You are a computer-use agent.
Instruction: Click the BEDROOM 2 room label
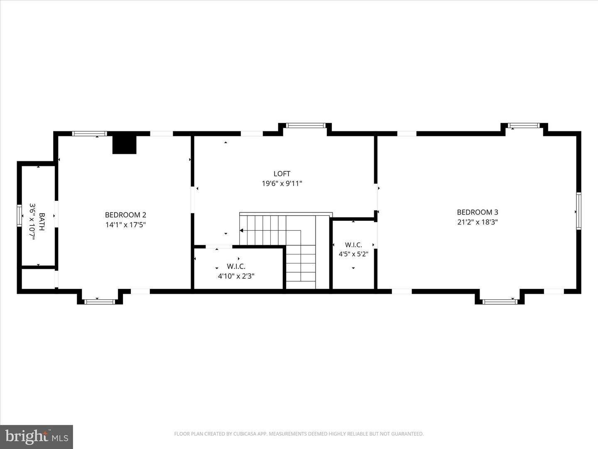(x=125, y=215)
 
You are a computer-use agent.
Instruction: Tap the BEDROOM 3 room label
(x=477, y=212)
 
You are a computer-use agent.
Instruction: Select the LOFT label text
(x=282, y=174)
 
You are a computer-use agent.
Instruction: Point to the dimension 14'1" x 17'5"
(x=125, y=225)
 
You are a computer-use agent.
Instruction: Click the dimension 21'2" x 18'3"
(x=477, y=222)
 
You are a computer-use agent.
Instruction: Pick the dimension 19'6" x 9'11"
(x=282, y=183)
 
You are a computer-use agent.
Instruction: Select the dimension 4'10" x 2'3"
(x=236, y=276)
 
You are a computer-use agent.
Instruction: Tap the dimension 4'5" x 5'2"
(x=353, y=254)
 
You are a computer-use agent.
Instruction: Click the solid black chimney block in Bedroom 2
(x=125, y=145)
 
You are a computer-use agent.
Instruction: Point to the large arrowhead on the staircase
(x=241, y=230)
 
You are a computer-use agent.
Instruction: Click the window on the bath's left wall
(x=19, y=216)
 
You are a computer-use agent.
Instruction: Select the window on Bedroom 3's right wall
(x=578, y=211)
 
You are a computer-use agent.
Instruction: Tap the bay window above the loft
(x=305, y=125)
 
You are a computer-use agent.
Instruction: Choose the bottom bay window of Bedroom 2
(x=100, y=301)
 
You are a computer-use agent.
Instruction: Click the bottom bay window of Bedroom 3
(x=500, y=301)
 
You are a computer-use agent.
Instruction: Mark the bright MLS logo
(x=37, y=437)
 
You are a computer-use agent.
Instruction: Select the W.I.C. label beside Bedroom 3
(x=353, y=245)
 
